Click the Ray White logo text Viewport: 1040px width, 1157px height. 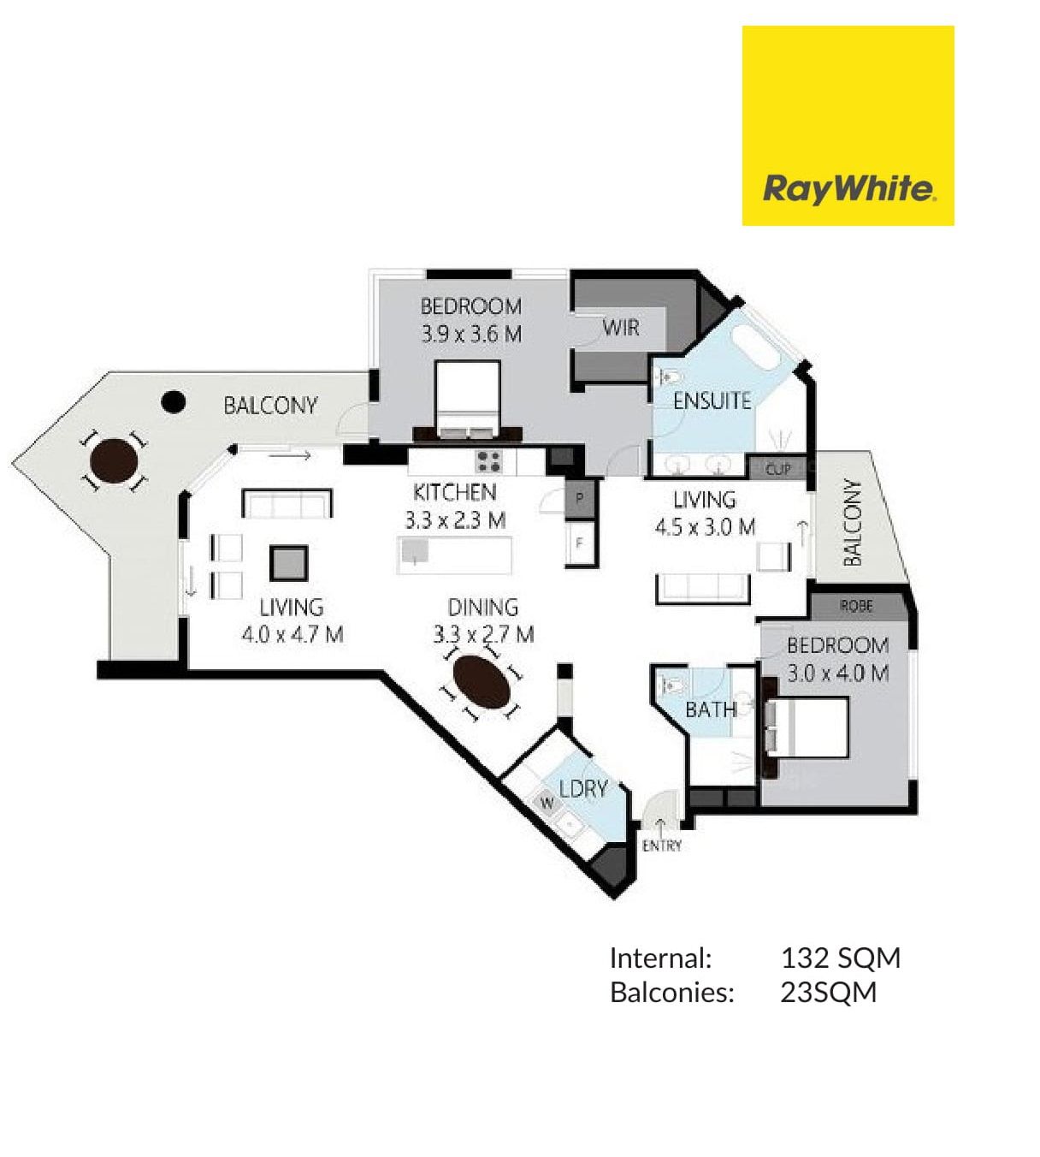point(848,189)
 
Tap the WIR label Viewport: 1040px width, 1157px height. point(621,328)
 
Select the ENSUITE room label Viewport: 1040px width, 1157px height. point(712,400)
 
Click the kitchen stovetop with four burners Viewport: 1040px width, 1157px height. point(488,461)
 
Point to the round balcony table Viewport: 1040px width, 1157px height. point(114,461)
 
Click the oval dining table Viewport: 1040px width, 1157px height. point(482,682)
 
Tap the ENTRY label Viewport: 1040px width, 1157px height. point(662,845)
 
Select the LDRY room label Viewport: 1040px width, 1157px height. point(583,788)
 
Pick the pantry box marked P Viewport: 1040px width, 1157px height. point(579,498)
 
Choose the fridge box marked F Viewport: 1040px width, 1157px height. point(579,543)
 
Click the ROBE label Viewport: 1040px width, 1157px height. point(856,606)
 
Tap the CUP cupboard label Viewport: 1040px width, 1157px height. point(777,470)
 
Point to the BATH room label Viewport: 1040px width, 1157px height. point(711,709)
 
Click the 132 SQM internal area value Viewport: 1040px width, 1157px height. point(840,958)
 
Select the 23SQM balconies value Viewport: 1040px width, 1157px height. point(828,993)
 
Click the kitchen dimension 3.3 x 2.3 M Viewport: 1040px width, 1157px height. point(455,520)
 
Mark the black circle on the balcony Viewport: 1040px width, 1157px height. point(173,402)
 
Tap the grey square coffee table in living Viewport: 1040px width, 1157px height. point(288,562)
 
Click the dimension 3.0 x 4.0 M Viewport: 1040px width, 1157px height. point(837,673)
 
